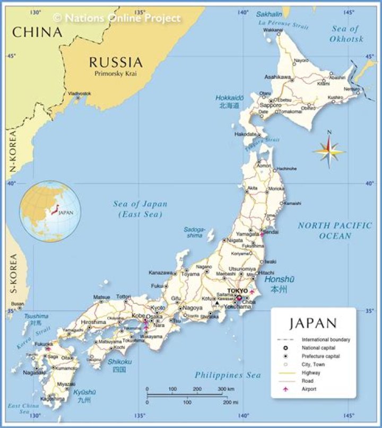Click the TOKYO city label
click(237, 291)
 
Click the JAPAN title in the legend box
click(312, 323)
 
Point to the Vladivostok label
click(79, 93)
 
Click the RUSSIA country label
click(116, 62)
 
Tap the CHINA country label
click(37, 32)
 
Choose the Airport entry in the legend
click(309, 389)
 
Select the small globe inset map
click(50, 211)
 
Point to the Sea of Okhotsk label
click(345, 34)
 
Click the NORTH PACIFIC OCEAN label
click(335, 230)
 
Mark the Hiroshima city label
click(93, 322)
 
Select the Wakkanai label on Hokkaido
click(273, 30)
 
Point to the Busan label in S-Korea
click(18, 304)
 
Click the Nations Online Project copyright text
click(116, 18)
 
